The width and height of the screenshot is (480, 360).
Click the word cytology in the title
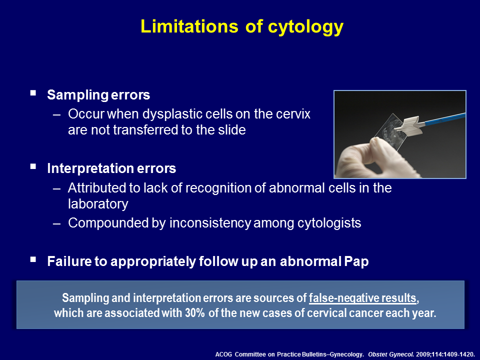click(305, 27)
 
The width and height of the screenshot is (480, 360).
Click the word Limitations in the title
click(189, 26)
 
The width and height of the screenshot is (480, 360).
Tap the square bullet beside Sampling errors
click(33, 93)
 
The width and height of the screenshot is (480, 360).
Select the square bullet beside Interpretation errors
click(33, 166)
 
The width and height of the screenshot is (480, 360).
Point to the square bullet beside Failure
click(33, 259)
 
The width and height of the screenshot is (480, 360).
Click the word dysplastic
click(172, 114)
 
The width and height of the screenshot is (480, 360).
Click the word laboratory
click(98, 204)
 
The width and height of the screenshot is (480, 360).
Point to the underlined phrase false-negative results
click(362, 298)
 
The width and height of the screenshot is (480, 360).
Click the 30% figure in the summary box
click(194, 313)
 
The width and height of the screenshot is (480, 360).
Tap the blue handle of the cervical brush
click(444, 119)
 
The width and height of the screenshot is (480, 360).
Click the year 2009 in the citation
click(423, 354)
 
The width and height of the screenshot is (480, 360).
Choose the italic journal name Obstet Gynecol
click(391, 354)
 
